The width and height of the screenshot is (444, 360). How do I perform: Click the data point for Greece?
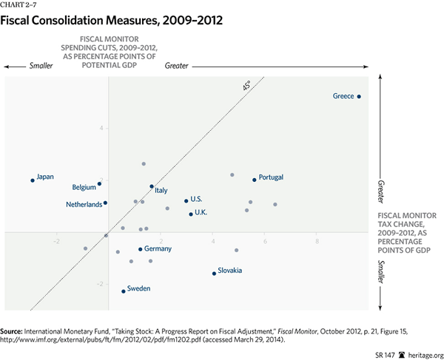pyautogui.click(x=359, y=96)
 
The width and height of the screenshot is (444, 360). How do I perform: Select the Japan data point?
pyautogui.click(x=33, y=180)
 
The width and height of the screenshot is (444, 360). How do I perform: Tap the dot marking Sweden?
pyautogui.click(x=123, y=291)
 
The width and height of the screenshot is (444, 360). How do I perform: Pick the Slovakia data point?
pyautogui.click(x=214, y=274)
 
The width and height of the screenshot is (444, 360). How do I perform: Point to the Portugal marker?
pyautogui.click(x=255, y=180)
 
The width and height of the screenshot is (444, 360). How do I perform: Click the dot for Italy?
pyautogui.click(x=152, y=186)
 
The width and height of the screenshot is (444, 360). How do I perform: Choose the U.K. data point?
pyautogui.click(x=191, y=214)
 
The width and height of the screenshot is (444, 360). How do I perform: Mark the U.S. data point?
pyautogui.click(x=186, y=200)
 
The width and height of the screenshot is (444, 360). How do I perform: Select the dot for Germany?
pyautogui.click(x=141, y=249)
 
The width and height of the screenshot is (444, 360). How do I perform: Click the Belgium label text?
pyautogui.click(x=84, y=187)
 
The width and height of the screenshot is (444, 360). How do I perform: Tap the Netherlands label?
pyautogui.click(x=84, y=204)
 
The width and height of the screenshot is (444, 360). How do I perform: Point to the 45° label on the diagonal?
pyautogui.click(x=247, y=87)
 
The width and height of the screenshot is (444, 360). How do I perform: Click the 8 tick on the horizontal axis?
pyautogui.click(x=317, y=241)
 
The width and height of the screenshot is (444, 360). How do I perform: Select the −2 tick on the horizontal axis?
pyautogui.click(x=56, y=241)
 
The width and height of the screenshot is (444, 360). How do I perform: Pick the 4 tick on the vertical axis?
pyautogui.click(x=102, y=128)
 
